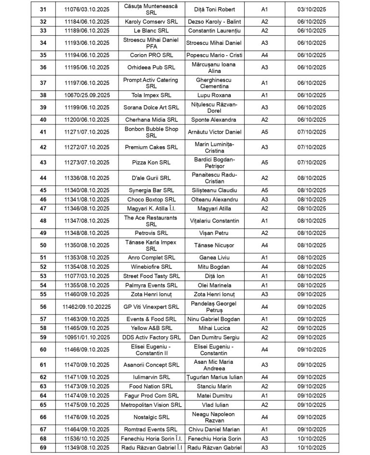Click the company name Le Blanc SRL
click(151, 30)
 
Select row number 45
click(43, 190)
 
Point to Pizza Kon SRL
click(151, 163)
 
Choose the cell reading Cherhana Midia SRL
click(151, 119)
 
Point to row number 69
click(43, 448)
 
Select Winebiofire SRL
click(151, 266)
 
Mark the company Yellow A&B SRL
click(151, 328)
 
